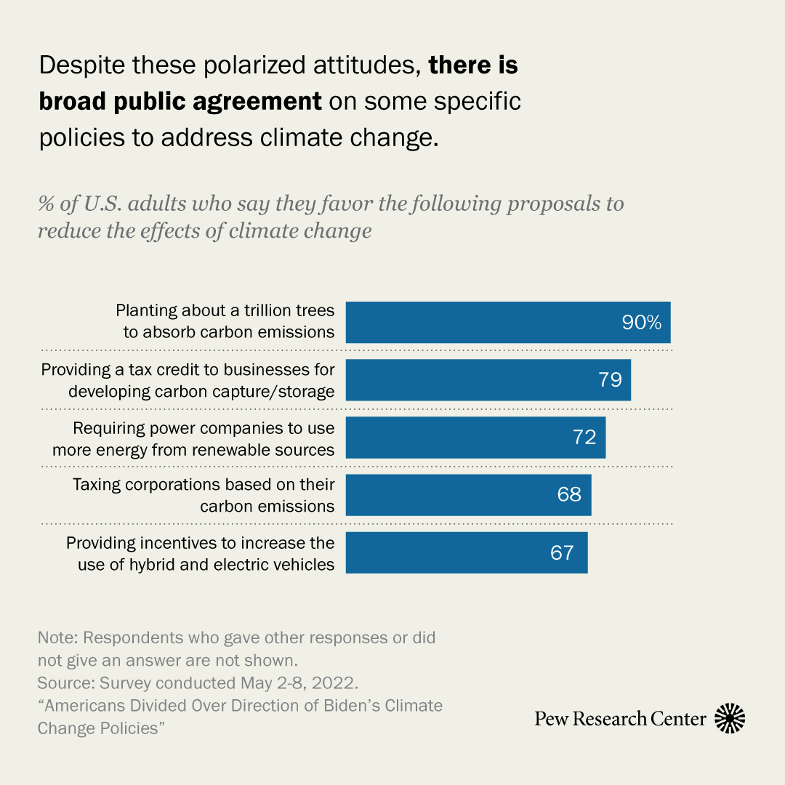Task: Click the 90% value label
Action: pyautogui.click(x=641, y=323)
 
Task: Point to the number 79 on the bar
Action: pyautogui.click(x=611, y=379)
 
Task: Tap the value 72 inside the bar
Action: pyautogui.click(x=584, y=438)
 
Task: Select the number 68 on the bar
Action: pyautogui.click(x=570, y=495)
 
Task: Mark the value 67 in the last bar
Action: pyautogui.click(x=562, y=553)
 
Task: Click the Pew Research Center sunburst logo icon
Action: pyautogui.click(x=730, y=719)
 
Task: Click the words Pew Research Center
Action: pyautogui.click(x=620, y=719)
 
